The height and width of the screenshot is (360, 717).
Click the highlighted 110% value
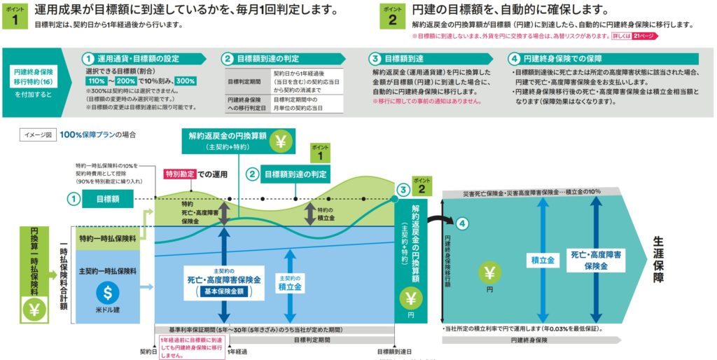[96, 81]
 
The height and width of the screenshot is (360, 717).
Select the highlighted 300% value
[186, 81]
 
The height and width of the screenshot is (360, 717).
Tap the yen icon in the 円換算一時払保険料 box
[33, 309]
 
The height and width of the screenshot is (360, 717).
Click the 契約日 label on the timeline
[147, 351]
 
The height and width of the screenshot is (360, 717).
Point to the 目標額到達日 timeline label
[396, 351]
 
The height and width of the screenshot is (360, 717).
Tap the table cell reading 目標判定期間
[245, 81]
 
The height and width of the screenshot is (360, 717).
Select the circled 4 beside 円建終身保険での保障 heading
[515, 59]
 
